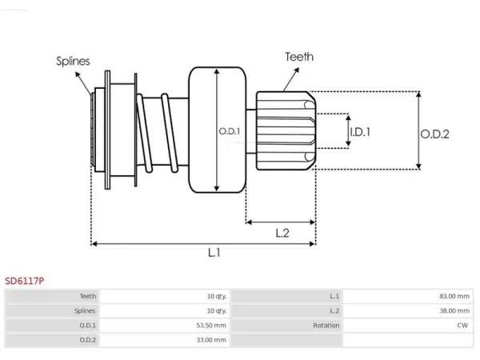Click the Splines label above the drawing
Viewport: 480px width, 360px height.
pos(73,62)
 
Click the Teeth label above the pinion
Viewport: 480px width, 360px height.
pos(299,57)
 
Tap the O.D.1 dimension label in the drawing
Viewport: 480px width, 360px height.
pos(230,131)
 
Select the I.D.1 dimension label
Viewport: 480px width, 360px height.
pos(360,132)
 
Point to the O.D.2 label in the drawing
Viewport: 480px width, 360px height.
pos(434,134)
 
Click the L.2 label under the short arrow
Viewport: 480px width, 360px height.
pos(282,234)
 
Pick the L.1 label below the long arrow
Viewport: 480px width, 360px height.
pos(214,253)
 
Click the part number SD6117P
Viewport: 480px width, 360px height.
pos(25,281)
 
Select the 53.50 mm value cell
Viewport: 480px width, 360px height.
pos(211,325)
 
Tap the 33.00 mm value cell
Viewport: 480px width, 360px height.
pos(211,340)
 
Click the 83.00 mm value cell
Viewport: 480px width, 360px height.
pos(454,296)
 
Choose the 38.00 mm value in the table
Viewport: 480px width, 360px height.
pos(454,310)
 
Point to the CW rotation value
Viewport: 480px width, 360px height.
pos(462,325)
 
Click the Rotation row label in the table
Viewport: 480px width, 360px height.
pos(326,325)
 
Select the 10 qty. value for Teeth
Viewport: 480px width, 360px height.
pos(217,296)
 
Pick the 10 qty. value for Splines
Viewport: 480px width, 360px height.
pos(217,310)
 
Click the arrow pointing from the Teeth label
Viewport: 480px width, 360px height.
pos(291,79)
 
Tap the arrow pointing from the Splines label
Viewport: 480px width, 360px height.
pos(83,83)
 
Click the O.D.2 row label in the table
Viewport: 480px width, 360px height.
pos(87,340)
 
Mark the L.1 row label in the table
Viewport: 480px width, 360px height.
pos(334,296)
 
